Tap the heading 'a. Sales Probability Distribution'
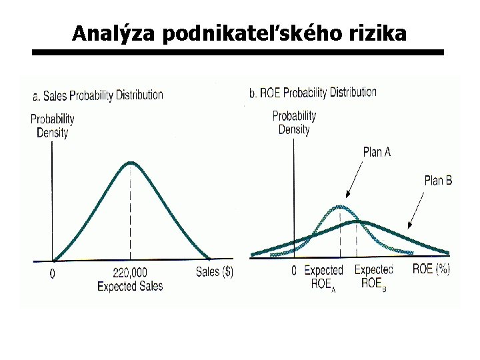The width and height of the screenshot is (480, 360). (97, 95)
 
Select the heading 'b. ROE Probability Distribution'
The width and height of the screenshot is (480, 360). (313, 93)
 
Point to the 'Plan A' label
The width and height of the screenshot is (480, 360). (377, 152)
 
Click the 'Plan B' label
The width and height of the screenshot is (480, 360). (438, 180)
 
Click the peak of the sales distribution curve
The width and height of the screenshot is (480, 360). (131, 163)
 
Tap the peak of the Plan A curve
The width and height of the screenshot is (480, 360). (341, 206)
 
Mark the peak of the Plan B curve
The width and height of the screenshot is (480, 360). (358, 221)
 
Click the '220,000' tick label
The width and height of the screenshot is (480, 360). (130, 273)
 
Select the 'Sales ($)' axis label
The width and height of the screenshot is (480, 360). (214, 272)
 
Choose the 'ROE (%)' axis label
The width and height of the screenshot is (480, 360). (431, 269)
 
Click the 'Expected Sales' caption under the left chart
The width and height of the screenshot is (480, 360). (130, 286)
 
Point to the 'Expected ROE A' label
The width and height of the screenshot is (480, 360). (323, 277)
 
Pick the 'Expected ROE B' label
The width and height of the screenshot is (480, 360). (373, 276)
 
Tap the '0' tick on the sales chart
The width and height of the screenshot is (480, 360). (53, 273)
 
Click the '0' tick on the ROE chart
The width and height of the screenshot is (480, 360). (294, 271)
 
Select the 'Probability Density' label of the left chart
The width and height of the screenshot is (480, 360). (52, 125)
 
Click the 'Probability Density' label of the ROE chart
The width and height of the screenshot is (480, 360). (294, 122)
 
